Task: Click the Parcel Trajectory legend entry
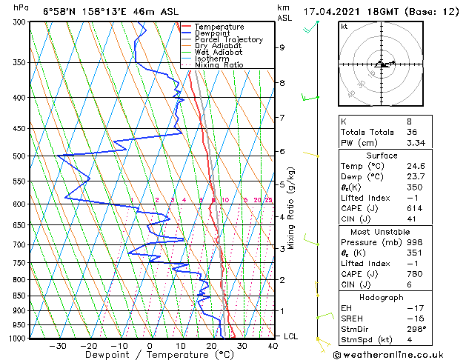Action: click(228, 39)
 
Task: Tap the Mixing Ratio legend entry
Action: click(219, 65)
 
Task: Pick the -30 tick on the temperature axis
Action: click(58, 345)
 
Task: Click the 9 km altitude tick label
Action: click(282, 47)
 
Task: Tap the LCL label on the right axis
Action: click(292, 336)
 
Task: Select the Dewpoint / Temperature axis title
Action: click(148, 355)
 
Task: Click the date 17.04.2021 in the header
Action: click(330, 12)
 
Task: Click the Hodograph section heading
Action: click(381, 297)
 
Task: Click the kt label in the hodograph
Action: click(344, 27)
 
